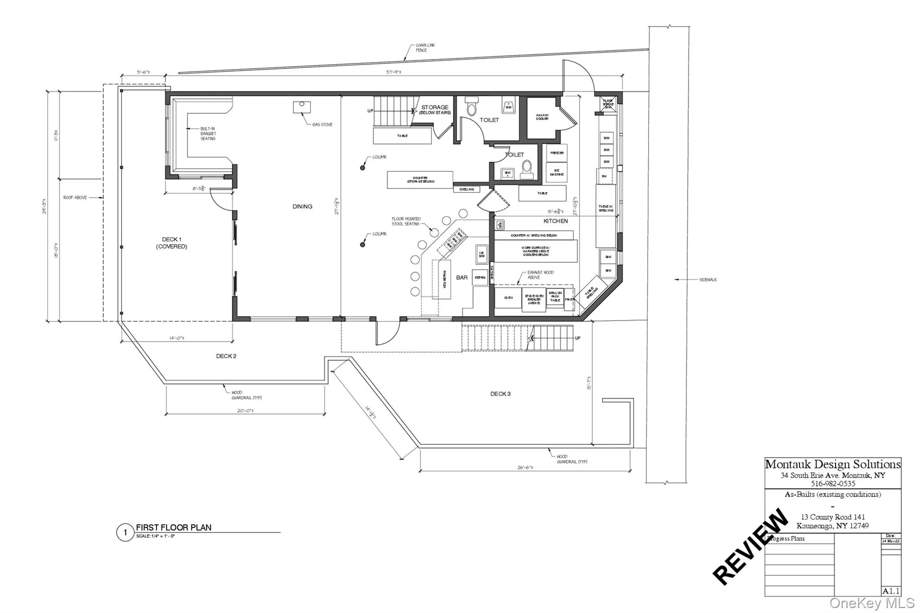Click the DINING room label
coord(302,206)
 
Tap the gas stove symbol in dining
coord(302,107)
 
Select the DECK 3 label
coord(500,394)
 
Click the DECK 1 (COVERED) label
coord(172,243)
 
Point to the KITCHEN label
coord(555,221)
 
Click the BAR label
coord(462,278)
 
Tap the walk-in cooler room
coord(542,118)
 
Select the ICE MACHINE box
coord(557,172)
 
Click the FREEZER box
coord(557,153)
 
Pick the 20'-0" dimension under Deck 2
coord(245,411)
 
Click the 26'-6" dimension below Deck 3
coord(525,467)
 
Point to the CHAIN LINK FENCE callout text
coord(425,48)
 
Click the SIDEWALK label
coord(708,280)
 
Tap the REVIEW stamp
coord(750,546)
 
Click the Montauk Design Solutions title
coord(832,464)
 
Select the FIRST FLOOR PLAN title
coord(173,528)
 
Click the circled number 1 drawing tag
coord(125,533)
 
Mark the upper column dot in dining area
coord(363,168)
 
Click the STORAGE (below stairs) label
coord(434,109)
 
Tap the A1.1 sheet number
coord(891,591)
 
